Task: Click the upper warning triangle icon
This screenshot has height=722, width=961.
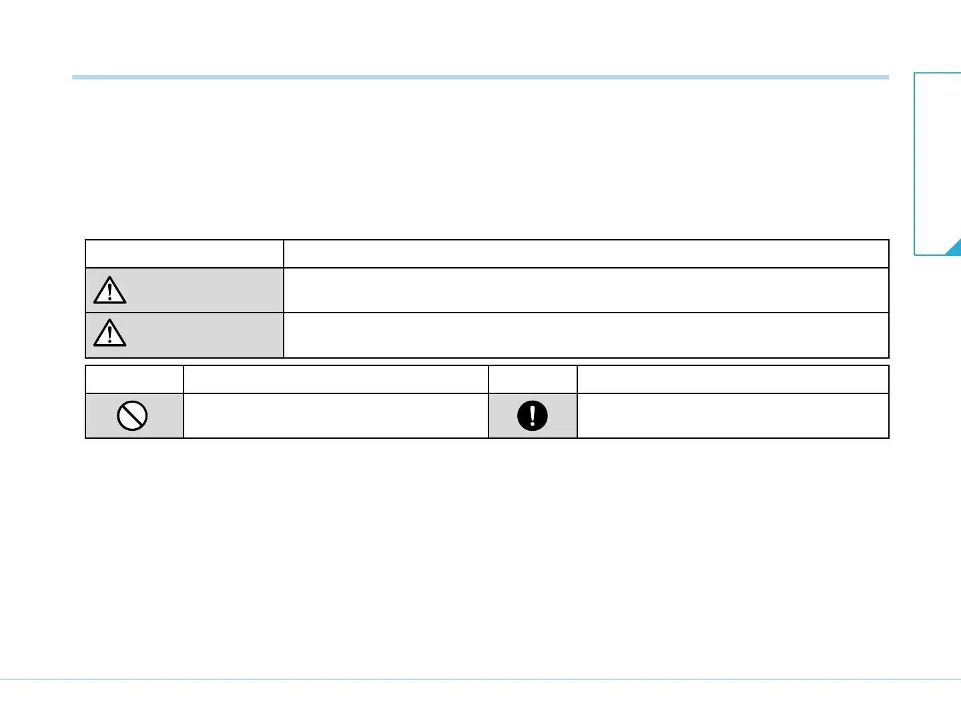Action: point(110,291)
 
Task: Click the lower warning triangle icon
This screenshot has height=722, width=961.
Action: point(110,333)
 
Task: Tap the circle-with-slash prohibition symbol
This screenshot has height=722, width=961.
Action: point(132,416)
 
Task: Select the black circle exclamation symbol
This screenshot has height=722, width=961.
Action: point(533,416)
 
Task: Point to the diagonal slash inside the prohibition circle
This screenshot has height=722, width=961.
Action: point(132,416)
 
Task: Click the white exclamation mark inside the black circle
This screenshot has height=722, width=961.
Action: point(533,415)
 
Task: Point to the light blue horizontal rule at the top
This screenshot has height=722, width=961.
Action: point(480,77)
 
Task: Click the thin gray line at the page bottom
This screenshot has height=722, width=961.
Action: point(480,680)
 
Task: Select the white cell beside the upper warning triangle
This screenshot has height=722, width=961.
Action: point(586,291)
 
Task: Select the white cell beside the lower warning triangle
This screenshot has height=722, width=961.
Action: point(586,335)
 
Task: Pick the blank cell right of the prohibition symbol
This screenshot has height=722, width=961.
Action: point(336,416)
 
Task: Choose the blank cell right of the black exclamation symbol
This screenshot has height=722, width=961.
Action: point(733,416)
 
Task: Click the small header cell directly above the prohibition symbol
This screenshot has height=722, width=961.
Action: point(135,379)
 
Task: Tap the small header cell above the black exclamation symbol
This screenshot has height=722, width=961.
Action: point(533,379)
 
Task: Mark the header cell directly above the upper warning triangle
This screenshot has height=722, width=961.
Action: point(184,254)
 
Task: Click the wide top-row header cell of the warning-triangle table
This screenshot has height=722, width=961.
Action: point(586,254)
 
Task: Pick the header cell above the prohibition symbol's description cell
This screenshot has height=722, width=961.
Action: point(336,379)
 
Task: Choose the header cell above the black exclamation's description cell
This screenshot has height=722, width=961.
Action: point(733,379)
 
